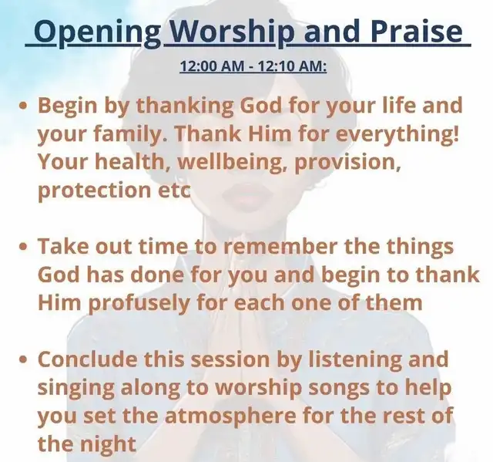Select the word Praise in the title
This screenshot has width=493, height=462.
pos(417,32)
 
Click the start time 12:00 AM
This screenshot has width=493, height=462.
pos(212,66)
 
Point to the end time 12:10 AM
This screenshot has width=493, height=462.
pos(292,66)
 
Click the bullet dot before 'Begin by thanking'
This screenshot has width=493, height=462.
pos(22,105)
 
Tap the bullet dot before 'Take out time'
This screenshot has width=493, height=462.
pos(22,246)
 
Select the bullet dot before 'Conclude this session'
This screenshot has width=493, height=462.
pos(22,359)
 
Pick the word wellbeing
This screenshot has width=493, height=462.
pos(232,163)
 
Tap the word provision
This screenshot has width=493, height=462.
pos(347,163)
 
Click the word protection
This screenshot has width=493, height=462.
pos(94,191)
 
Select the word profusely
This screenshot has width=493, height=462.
pos(139,303)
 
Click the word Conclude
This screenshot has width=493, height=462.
pos(87,359)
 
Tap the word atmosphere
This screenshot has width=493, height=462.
pos(230,416)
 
